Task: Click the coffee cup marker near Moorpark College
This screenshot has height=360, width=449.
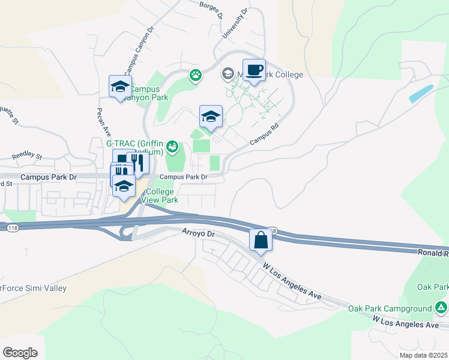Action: (x=254, y=70)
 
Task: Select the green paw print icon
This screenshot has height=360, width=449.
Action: (x=196, y=76)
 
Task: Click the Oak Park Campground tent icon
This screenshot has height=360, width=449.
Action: (x=441, y=308)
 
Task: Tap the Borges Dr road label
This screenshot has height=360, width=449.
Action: (x=211, y=8)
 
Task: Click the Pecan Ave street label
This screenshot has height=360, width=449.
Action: (x=103, y=122)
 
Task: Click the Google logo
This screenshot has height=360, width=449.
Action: (x=20, y=353)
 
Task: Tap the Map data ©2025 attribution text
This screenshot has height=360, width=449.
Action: (x=423, y=355)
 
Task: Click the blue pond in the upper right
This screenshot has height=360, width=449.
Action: (x=421, y=94)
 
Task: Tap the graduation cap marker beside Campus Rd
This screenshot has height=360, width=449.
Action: (x=211, y=116)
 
